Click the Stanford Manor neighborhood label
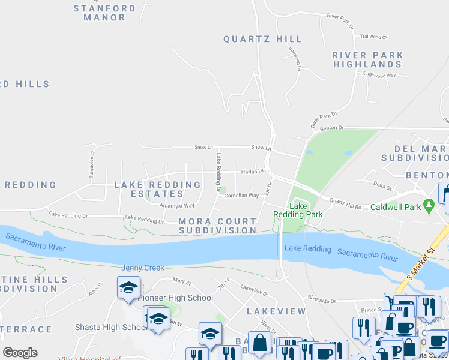click(x=104, y=13)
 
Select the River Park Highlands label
click(x=367, y=59)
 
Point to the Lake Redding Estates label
click(x=157, y=189)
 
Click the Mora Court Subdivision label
click(x=217, y=226)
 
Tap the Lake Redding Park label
click(x=298, y=209)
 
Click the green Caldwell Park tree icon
click(x=428, y=206)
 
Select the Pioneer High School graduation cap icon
click(x=129, y=287)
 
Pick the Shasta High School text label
click(x=111, y=327)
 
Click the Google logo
click(x=20, y=353)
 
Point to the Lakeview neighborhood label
click(x=276, y=311)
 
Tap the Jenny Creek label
click(x=142, y=268)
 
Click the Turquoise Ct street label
click(x=93, y=161)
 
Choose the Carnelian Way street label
click(x=241, y=196)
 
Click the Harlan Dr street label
click(x=252, y=171)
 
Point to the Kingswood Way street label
click(x=379, y=75)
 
